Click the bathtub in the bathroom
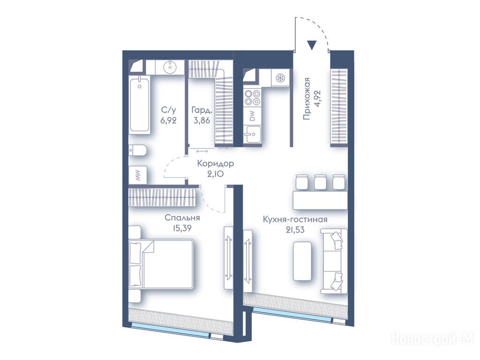[x=139, y=105]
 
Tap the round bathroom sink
[x=169, y=67]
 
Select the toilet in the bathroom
[x=138, y=150]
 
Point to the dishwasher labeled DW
[x=252, y=115]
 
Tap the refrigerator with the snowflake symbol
[x=280, y=78]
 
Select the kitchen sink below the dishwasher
[x=252, y=134]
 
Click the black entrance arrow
[x=312, y=45]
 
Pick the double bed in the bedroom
[x=161, y=264]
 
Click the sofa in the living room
[x=334, y=261]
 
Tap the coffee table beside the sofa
[x=302, y=261]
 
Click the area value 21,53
[x=295, y=230]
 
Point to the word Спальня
[x=182, y=218]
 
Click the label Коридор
[x=216, y=164]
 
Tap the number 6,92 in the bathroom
[x=169, y=120]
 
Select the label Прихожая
[x=306, y=98]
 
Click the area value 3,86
[x=202, y=120]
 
